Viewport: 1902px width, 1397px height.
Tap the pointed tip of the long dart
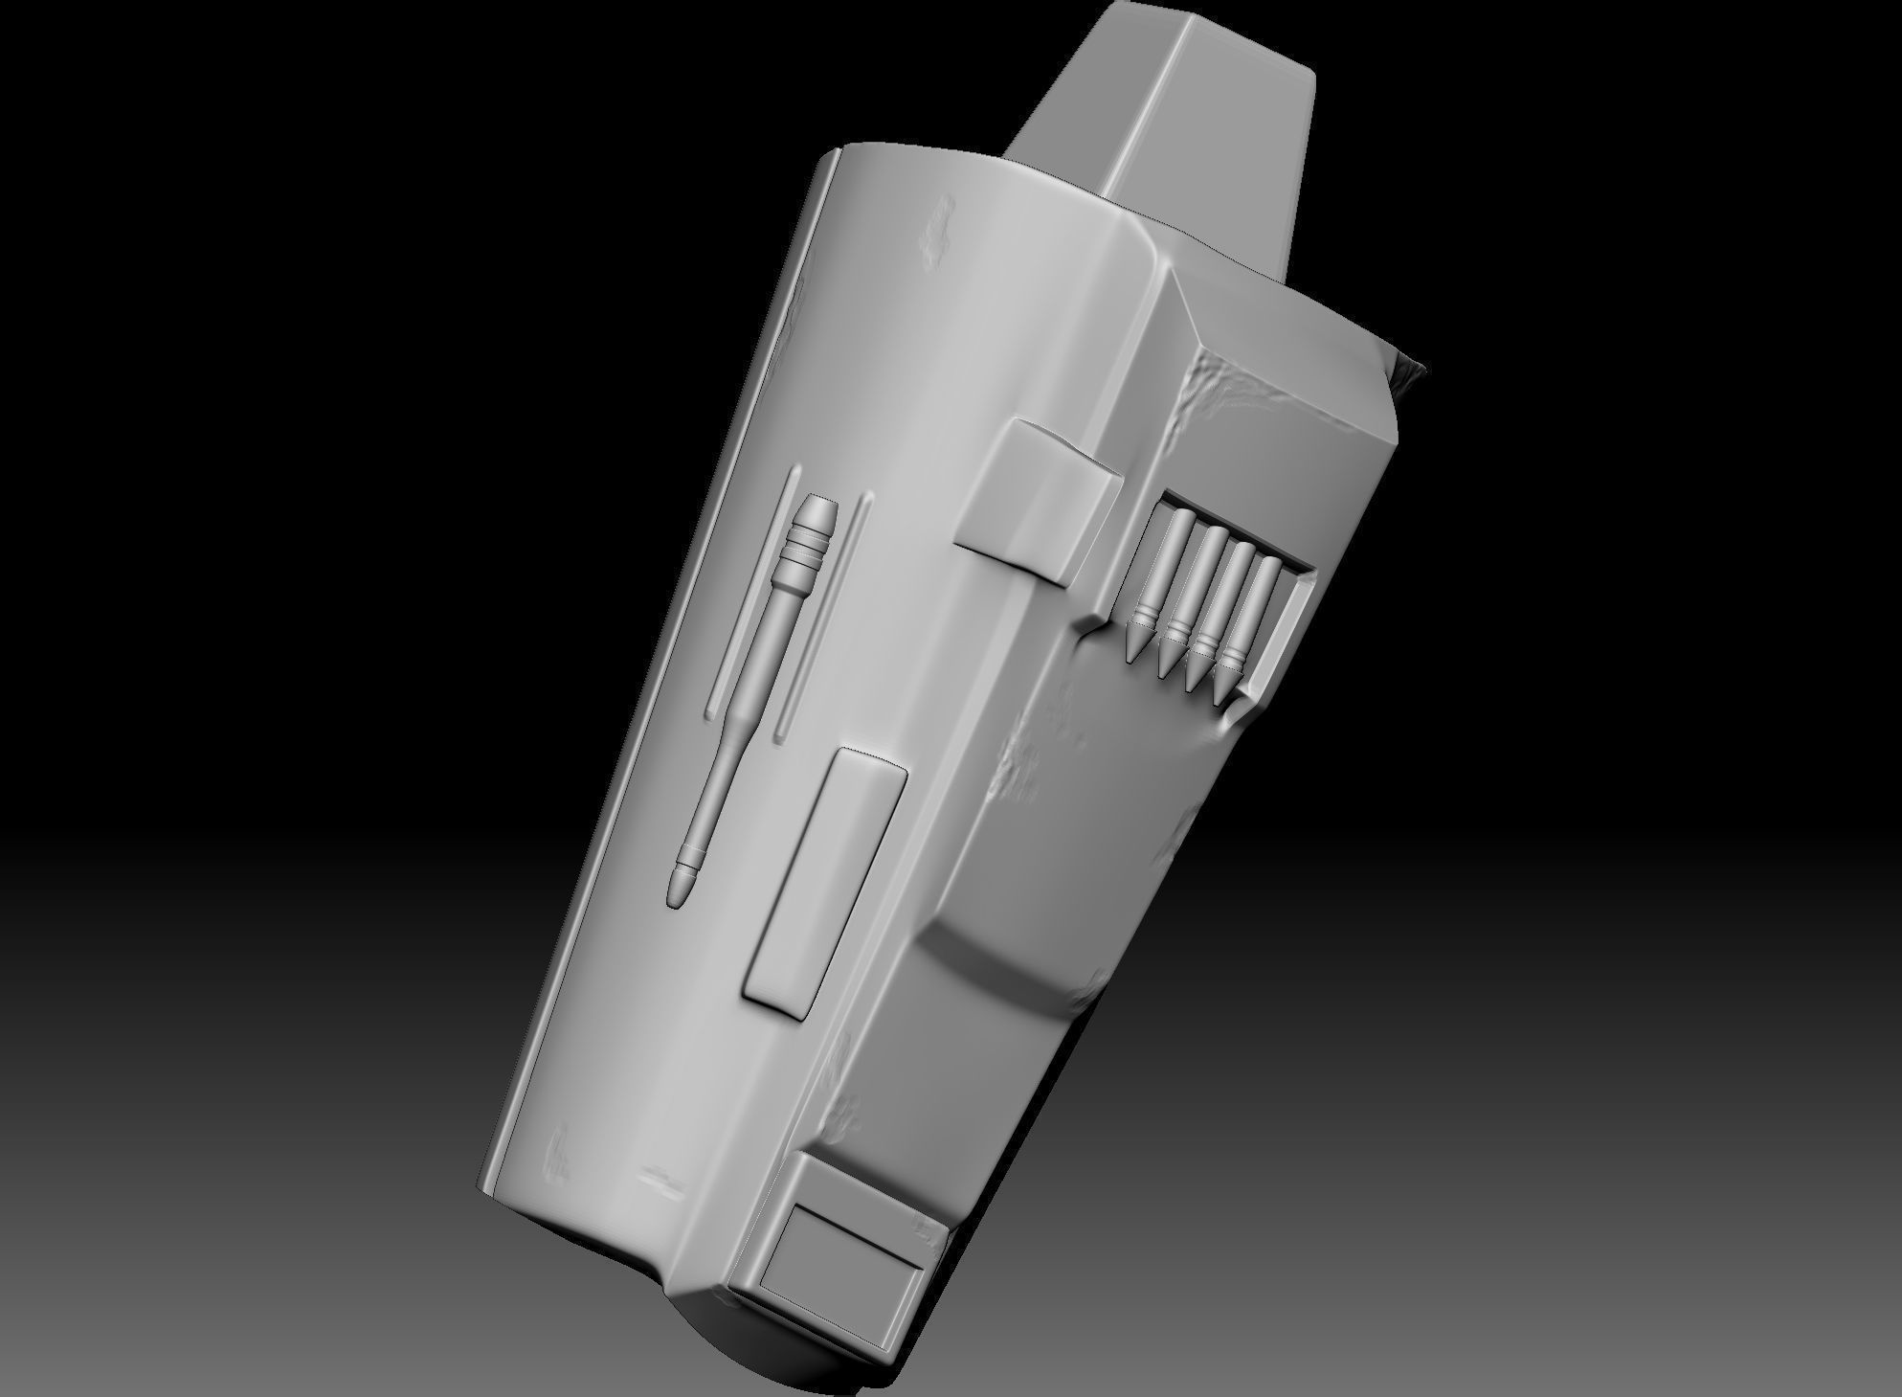pyautogui.click(x=677, y=892)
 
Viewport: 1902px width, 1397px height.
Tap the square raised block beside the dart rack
pyautogui.click(x=1038, y=501)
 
